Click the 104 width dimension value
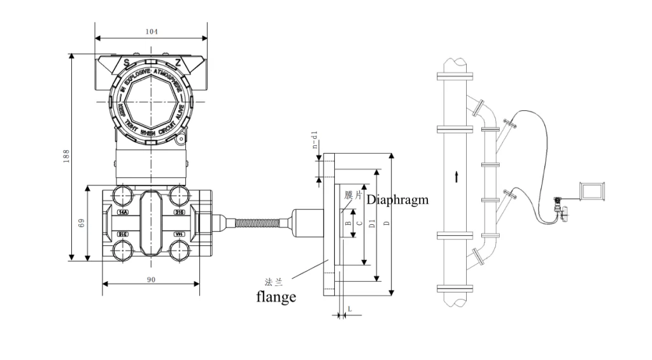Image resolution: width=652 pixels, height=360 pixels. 151,31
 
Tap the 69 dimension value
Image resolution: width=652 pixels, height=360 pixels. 81,224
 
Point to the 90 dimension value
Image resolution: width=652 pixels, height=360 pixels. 151,281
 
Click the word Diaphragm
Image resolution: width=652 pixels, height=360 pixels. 397,199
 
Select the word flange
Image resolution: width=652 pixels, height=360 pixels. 276,296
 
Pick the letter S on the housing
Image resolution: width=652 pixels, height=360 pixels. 126,62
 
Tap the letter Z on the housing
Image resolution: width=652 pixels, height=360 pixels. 178,62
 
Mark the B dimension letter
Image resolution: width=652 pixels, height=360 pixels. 348,224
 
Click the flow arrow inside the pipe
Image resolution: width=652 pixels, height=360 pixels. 457,176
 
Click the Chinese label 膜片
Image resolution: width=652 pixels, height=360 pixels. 353,195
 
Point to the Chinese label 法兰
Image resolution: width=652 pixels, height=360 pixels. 274,281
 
